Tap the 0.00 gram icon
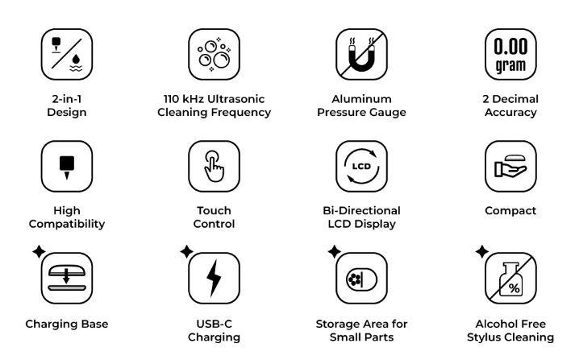click(510, 55)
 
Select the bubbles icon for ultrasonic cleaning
click(215, 55)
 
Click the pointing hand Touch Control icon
click(215, 166)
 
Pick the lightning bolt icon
click(214, 279)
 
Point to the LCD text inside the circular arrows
click(361, 166)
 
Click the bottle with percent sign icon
click(510, 279)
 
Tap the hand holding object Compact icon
click(510, 167)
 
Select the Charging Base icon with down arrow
click(67, 278)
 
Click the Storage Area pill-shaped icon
click(361, 279)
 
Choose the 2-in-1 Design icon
click(67, 55)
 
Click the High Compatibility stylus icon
click(67, 167)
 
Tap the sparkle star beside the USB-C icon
click(186, 251)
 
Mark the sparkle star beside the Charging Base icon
click(39, 251)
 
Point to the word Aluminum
click(361, 99)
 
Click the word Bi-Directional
click(361, 210)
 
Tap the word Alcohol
click(493, 324)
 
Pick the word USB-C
click(215, 324)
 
